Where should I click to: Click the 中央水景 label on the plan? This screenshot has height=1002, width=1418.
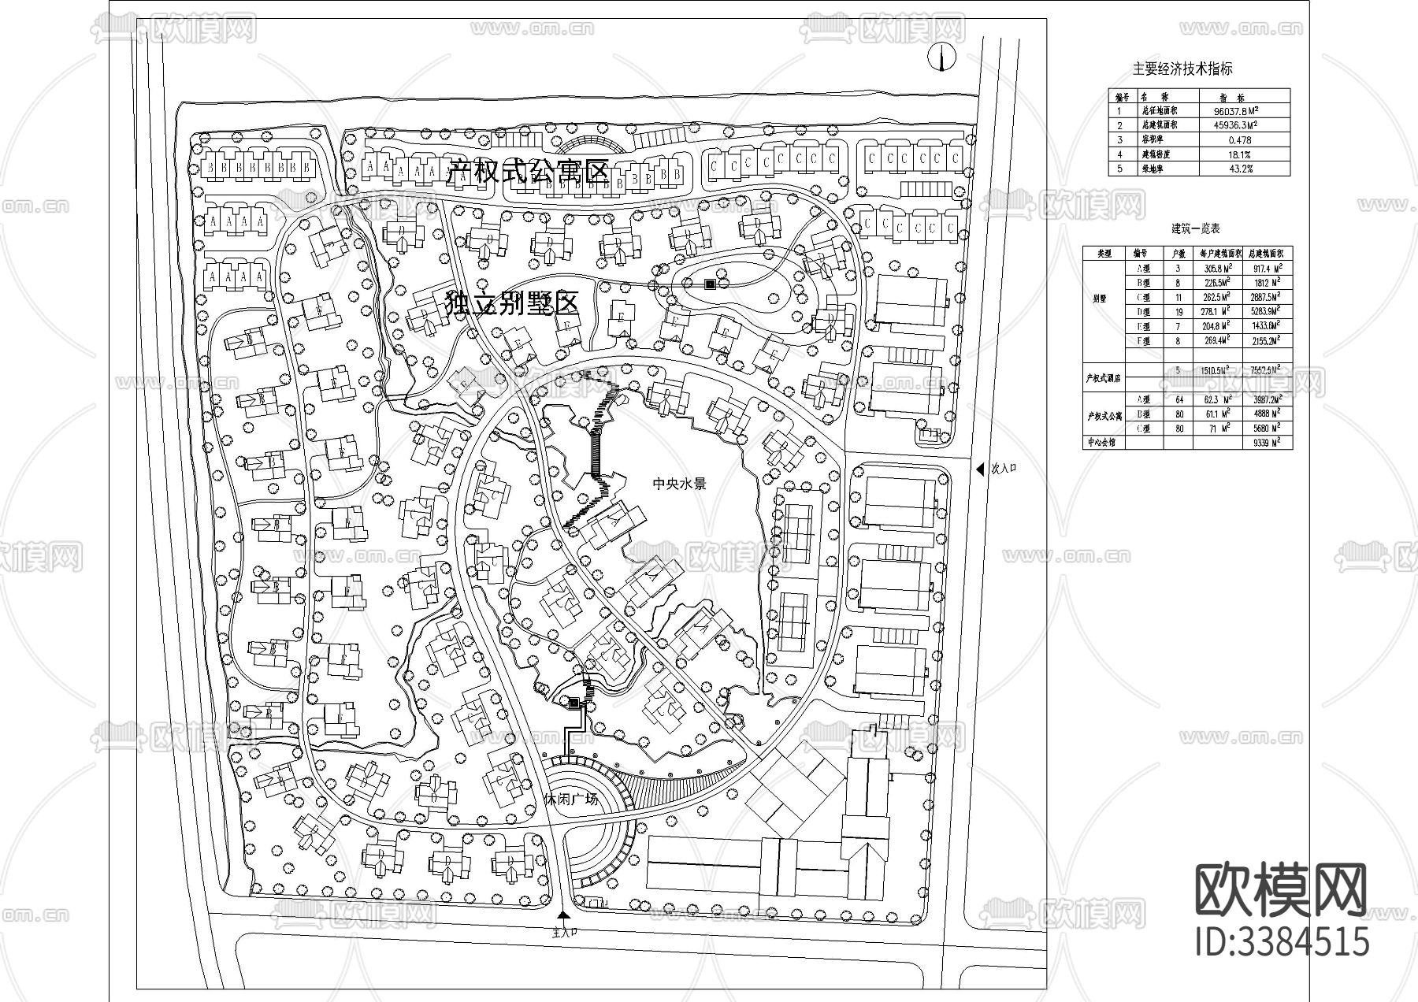pos(680,483)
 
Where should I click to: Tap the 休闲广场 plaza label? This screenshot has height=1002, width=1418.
pos(571,798)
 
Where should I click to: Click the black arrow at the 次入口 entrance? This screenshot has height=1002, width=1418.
pos(980,469)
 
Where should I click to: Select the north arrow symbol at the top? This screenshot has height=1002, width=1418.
pos(940,57)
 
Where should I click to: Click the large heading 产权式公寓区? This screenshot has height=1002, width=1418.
pos(529,171)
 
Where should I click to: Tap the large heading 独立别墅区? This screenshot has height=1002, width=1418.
pos(512,303)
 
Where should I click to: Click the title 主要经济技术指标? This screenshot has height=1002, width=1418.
pos(1182,69)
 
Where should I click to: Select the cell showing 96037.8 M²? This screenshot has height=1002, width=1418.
pos(1245,112)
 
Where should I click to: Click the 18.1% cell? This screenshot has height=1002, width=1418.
pos(1245,154)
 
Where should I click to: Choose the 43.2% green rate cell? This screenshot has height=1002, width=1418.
pos(1245,169)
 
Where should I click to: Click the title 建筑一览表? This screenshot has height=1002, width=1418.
pos(1195,229)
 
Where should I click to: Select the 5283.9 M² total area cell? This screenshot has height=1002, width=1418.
pos(1263,312)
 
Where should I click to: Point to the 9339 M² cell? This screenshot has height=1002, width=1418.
pos(1263,443)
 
